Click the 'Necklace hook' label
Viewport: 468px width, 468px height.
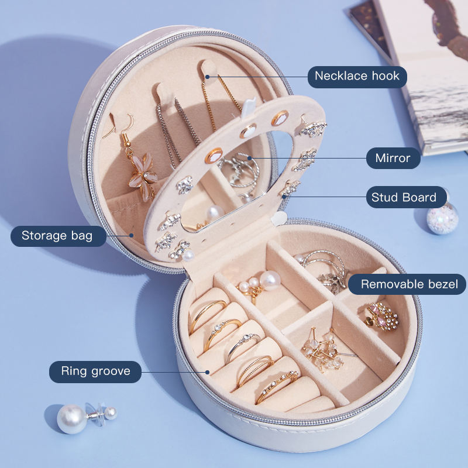(x=357, y=76)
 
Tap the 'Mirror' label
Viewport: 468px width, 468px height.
(x=393, y=158)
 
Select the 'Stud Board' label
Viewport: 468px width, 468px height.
(x=404, y=197)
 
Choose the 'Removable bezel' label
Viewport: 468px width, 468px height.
(x=409, y=284)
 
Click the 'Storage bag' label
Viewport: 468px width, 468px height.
(x=57, y=236)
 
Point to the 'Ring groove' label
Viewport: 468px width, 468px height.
(x=95, y=371)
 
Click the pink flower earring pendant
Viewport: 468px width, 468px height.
(x=143, y=176)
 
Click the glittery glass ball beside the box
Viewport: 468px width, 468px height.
(x=442, y=218)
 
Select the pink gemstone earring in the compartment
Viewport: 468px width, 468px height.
(x=382, y=317)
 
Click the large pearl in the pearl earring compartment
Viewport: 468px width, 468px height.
(x=270, y=281)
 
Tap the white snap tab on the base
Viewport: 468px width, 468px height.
(x=279, y=218)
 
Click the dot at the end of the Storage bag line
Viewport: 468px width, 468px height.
(x=131, y=235)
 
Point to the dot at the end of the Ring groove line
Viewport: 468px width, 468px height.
(x=207, y=372)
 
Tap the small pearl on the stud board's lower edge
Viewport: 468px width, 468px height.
(x=188, y=256)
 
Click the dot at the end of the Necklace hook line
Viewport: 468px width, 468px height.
(x=208, y=77)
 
